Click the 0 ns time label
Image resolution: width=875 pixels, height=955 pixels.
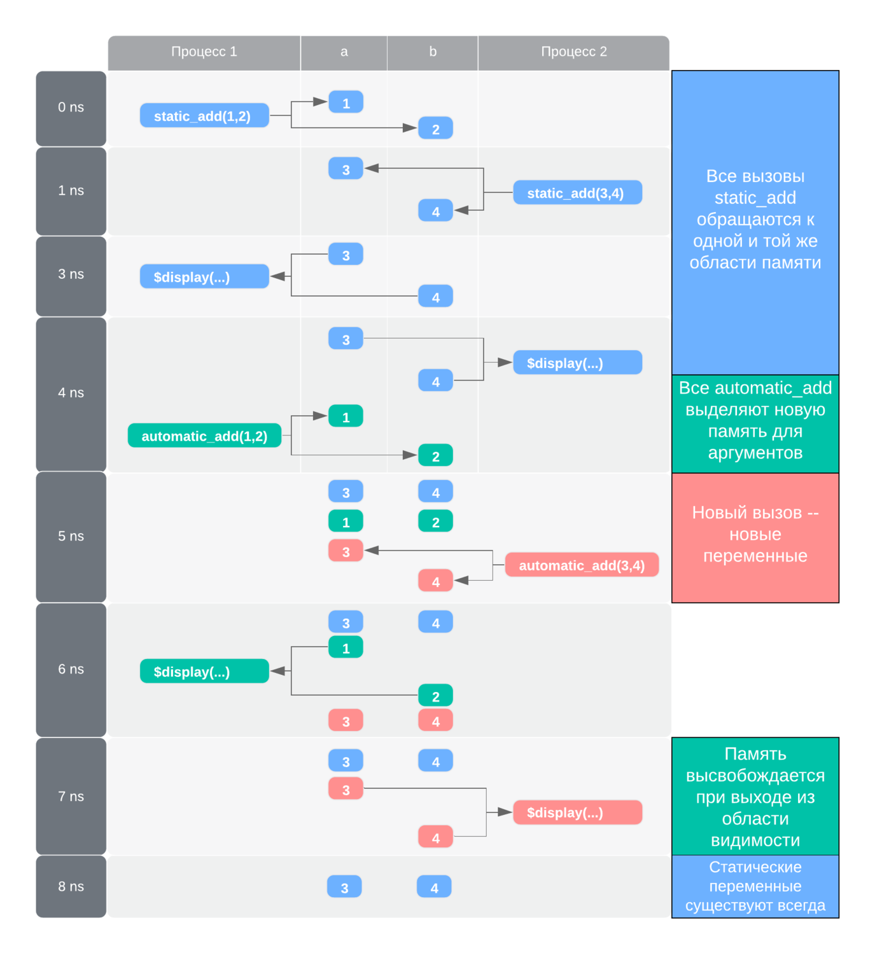71,108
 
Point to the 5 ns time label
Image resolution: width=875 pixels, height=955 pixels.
71,537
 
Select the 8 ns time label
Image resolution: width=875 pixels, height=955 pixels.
71,887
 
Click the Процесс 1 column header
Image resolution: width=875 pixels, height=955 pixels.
204,52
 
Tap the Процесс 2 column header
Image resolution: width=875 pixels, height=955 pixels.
573,52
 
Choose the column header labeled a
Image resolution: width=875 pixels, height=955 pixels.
344,52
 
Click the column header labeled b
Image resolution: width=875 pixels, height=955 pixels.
433,52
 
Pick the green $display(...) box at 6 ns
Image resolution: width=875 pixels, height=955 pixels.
204,671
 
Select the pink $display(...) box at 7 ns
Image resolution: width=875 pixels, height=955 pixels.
577,812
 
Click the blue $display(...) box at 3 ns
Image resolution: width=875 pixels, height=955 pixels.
204,277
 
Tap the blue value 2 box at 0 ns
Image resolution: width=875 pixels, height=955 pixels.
435,129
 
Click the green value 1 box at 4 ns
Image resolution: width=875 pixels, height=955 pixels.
346,416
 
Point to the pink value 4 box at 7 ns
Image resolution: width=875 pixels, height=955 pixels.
435,837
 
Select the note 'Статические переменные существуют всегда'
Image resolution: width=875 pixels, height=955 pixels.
755,886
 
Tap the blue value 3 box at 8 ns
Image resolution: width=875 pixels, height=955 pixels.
344,887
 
